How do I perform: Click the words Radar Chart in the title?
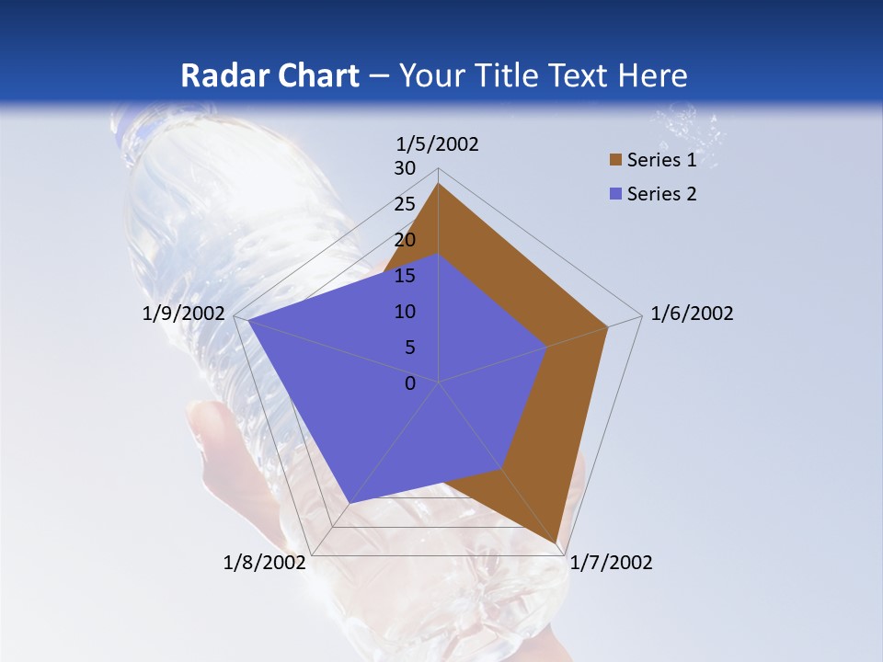point(269,75)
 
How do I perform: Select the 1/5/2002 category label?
point(438,144)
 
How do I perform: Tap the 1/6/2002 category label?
point(692,314)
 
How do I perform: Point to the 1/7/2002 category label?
point(611,563)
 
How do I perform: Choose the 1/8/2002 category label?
point(265,563)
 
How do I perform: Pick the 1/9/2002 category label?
point(184,314)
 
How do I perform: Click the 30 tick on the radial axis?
point(405,168)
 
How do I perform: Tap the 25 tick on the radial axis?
point(405,204)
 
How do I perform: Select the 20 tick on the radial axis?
point(405,240)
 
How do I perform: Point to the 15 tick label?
point(405,276)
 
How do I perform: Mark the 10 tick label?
point(405,312)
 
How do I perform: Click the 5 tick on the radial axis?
point(409,348)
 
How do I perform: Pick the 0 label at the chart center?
point(410,383)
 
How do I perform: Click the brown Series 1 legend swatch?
point(615,161)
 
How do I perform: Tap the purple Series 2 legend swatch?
point(615,194)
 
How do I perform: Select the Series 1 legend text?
point(661,161)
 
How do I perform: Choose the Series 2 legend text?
point(661,194)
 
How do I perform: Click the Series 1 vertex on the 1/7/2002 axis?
point(556,543)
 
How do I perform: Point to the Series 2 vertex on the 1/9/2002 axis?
point(247,321)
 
